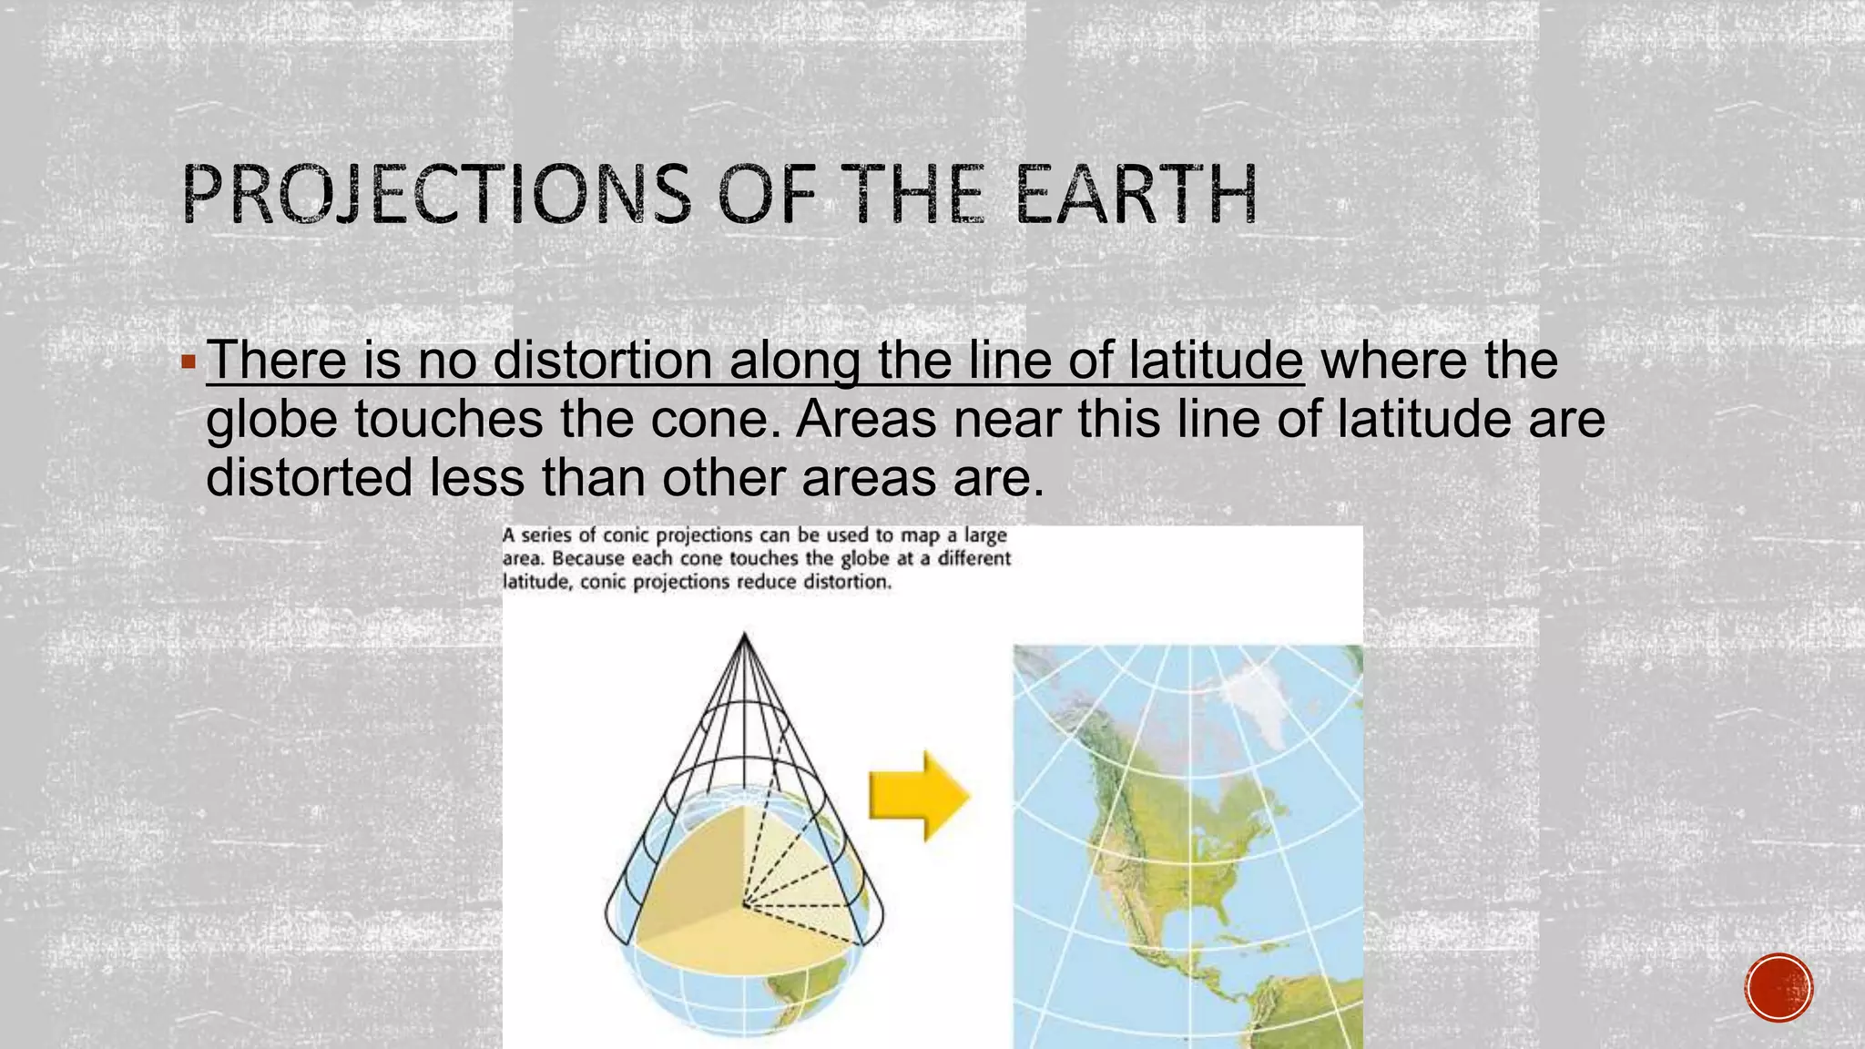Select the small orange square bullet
click(x=189, y=363)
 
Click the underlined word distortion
click(x=602, y=361)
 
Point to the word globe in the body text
click(x=270, y=421)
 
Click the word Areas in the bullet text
click(x=865, y=421)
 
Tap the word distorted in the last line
click(x=309, y=478)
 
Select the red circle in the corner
click(x=1778, y=988)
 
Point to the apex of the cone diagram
click(x=745, y=636)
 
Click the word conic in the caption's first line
click(x=626, y=535)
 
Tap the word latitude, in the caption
click(x=536, y=582)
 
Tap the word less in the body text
click(x=476, y=478)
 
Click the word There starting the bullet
click(x=277, y=361)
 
